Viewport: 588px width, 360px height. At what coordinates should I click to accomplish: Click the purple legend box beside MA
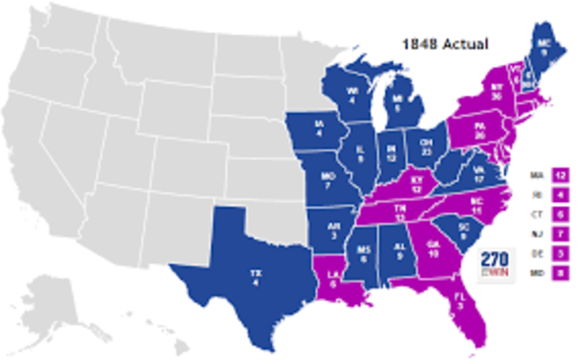(560, 174)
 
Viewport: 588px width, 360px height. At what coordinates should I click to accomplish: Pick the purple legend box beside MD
(560, 272)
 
